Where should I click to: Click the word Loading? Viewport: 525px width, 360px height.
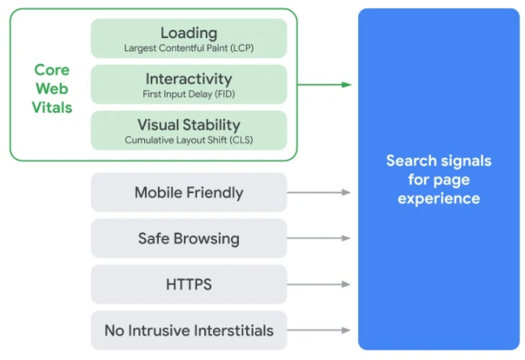click(189, 33)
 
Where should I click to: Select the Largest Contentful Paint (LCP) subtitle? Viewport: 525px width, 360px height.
click(189, 48)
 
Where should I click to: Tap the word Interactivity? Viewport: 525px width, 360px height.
click(189, 79)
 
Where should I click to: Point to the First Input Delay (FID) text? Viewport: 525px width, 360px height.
click(189, 94)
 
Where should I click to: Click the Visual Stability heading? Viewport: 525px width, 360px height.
click(189, 125)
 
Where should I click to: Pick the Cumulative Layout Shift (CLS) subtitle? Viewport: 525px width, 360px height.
click(189, 139)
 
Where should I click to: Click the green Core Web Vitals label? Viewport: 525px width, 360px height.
click(52, 88)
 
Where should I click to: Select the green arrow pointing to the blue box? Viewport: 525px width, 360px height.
click(324, 84)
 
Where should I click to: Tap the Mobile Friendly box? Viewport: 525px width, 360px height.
click(189, 192)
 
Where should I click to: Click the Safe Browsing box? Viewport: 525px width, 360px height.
click(189, 238)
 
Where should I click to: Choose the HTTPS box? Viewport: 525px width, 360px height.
click(189, 285)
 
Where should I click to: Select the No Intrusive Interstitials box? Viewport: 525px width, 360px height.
click(189, 331)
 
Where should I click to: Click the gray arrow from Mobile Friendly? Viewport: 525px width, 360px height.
click(318, 192)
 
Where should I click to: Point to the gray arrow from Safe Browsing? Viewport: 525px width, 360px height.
click(318, 238)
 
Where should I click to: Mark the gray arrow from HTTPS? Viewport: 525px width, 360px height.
click(318, 285)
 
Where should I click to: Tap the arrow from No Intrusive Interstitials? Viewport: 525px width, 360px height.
click(318, 330)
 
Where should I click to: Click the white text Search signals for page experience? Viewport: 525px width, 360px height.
click(438, 180)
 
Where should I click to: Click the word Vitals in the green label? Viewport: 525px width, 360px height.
click(52, 108)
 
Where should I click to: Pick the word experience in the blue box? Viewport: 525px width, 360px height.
click(438, 199)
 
